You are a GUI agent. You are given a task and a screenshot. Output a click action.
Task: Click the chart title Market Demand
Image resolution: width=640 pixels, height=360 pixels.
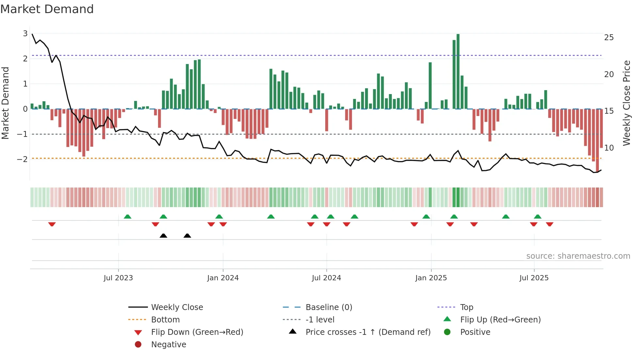pyautogui.click(x=47, y=9)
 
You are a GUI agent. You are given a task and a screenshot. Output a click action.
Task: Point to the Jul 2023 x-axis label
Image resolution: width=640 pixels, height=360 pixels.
pyautogui.click(x=118, y=278)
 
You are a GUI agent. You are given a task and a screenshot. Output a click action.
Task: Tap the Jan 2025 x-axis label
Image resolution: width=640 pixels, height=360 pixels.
pyautogui.click(x=431, y=278)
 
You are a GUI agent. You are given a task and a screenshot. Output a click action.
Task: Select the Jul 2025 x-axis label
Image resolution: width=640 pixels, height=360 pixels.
pyautogui.click(x=534, y=278)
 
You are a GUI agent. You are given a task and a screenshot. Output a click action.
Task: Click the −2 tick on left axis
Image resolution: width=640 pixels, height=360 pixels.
pyautogui.click(x=22, y=159)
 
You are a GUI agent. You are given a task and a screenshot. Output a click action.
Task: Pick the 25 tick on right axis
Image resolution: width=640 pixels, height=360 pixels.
pyautogui.click(x=609, y=38)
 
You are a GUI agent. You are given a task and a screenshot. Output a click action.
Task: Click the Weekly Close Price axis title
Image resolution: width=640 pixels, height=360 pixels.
pyautogui.click(x=626, y=103)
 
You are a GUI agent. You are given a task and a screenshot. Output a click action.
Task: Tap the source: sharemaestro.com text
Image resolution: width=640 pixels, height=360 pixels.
pyautogui.click(x=578, y=256)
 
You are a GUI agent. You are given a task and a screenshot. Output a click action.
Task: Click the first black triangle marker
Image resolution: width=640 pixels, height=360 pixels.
pyautogui.click(x=163, y=236)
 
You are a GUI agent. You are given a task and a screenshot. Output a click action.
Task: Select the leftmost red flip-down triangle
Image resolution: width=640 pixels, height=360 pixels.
pyautogui.click(x=52, y=224)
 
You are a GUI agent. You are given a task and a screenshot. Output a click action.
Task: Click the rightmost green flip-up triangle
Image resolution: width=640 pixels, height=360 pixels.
pyautogui.click(x=537, y=217)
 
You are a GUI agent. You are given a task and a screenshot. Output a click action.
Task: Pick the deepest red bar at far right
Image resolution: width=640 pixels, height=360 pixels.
pyautogui.click(x=597, y=140)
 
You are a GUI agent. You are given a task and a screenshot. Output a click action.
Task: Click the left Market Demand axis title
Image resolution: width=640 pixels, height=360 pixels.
pyautogui.click(x=5, y=103)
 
